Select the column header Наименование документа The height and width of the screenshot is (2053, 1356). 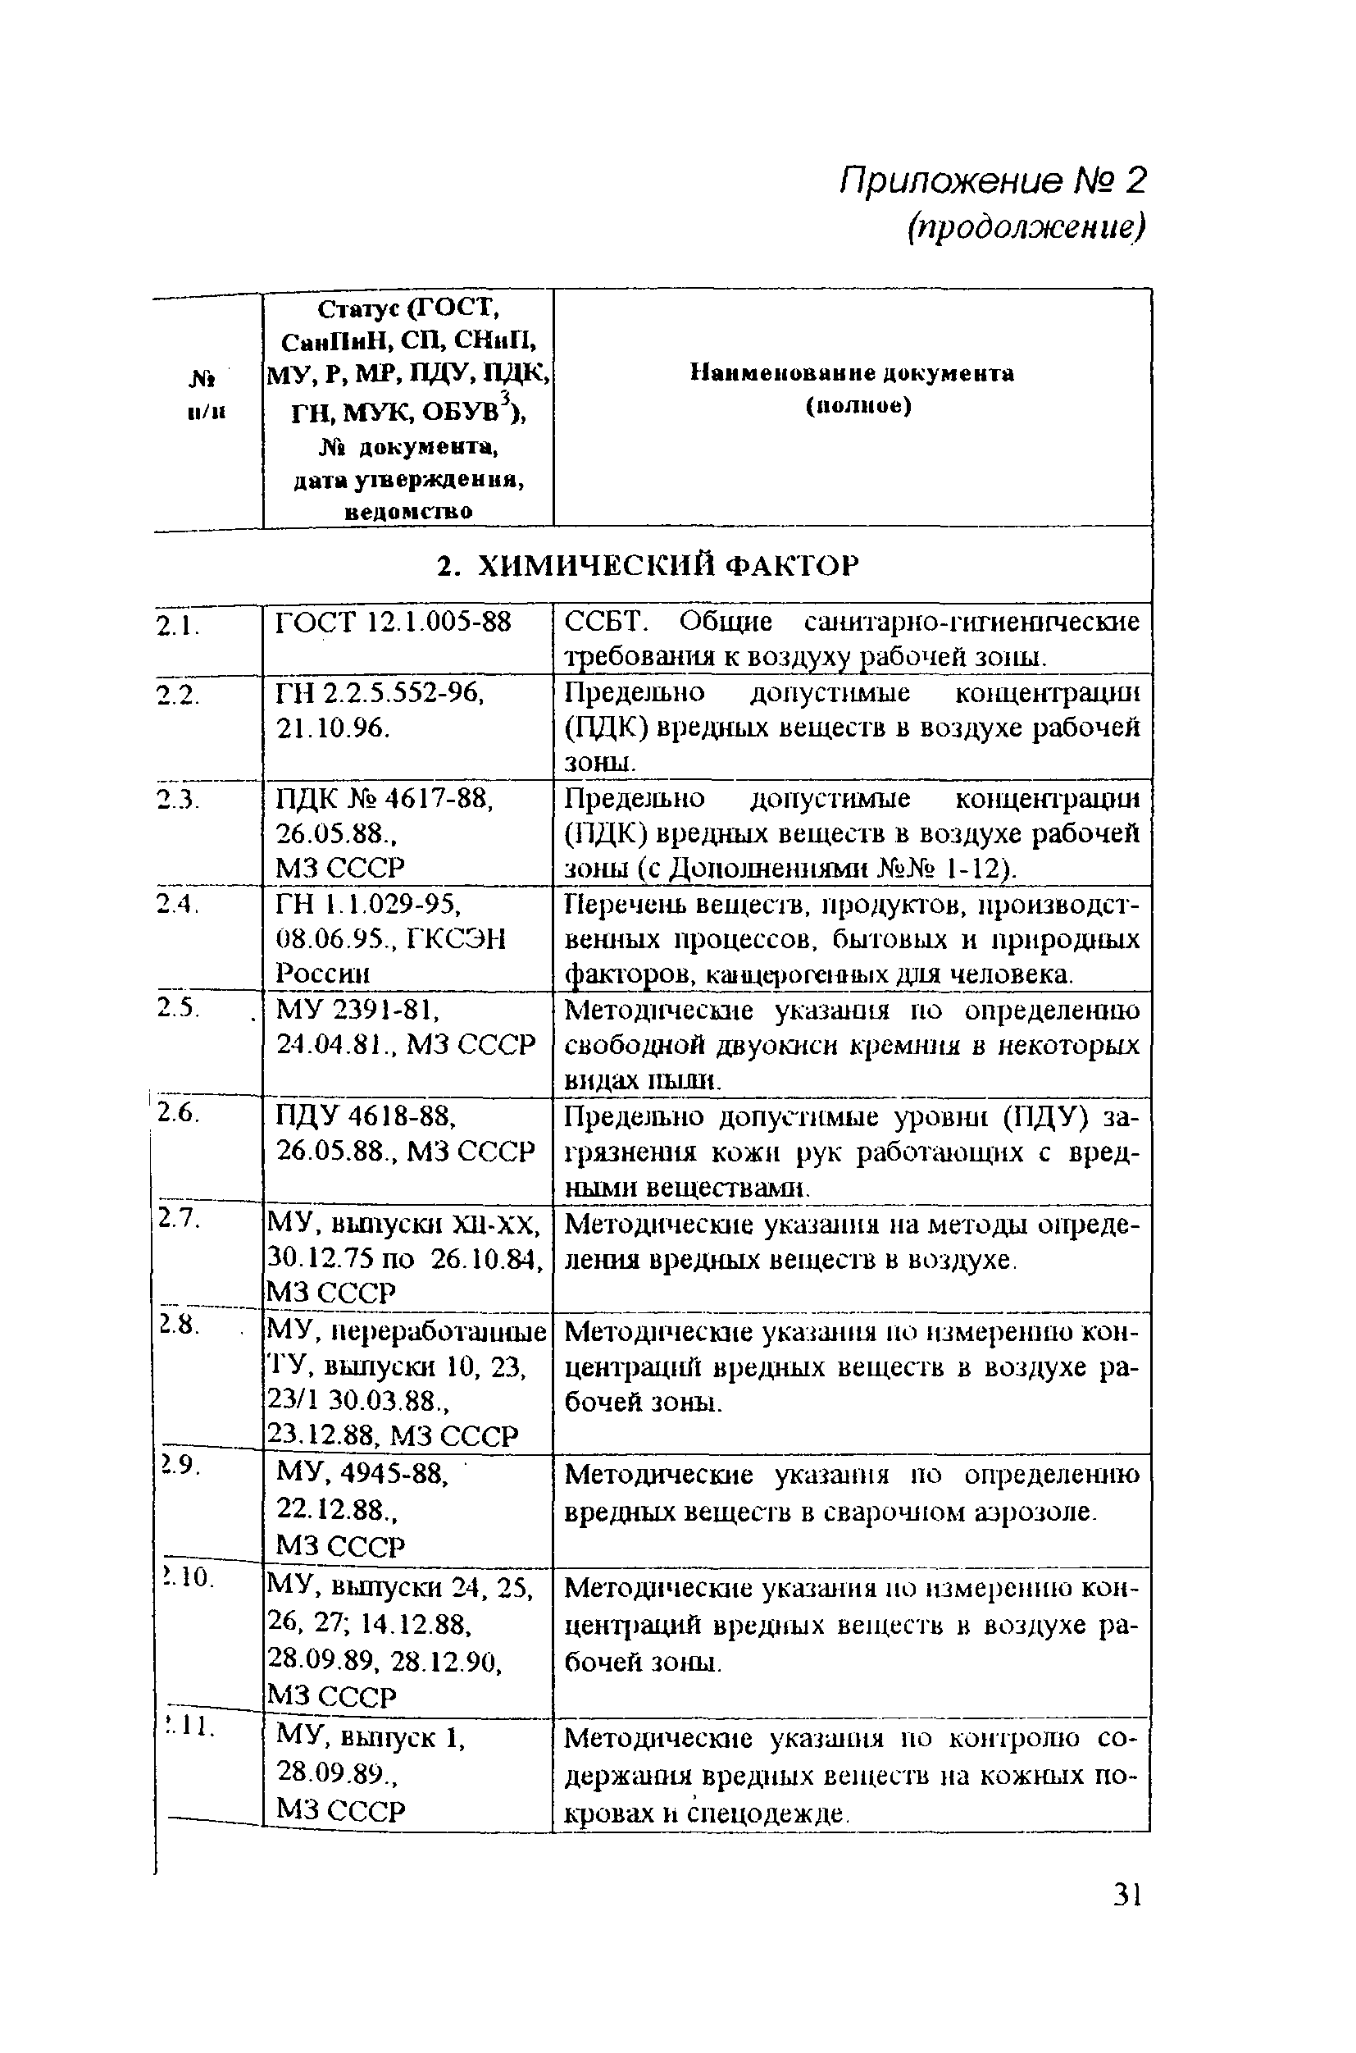click(852, 374)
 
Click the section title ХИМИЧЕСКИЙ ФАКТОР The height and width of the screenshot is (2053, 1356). click(648, 566)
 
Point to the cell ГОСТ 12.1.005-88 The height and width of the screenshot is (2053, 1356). click(393, 622)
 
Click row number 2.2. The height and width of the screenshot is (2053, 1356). click(177, 693)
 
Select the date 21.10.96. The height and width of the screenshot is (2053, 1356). click(333, 728)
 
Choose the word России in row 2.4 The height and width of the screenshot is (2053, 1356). click(322, 974)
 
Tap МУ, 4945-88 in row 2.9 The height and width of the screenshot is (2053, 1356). click(362, 1473)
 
